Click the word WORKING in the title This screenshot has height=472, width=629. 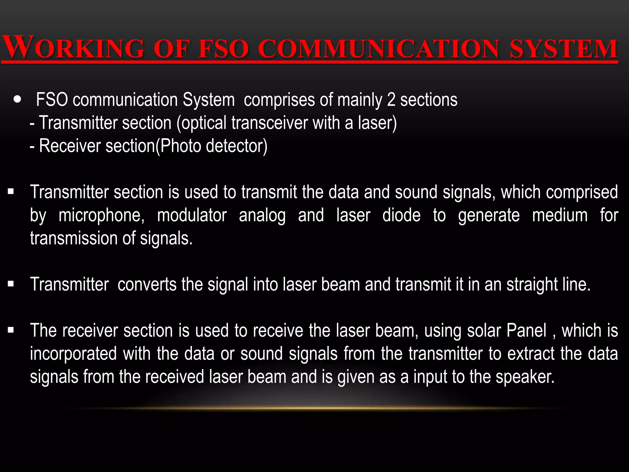pos(73,48)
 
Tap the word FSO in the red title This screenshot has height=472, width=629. pos(223,49)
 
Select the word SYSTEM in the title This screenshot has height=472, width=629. pos(564,49)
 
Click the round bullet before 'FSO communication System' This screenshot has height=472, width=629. pos(18,99)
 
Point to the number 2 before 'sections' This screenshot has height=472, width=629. pos(391,100)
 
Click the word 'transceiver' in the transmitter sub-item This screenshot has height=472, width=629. pos(269,123)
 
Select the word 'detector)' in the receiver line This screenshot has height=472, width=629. pos(237,146)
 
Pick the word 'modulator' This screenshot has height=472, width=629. pos(192,215)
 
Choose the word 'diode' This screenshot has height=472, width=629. pos(401,215)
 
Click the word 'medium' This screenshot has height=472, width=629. pos(560,215)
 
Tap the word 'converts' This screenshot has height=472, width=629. pos(147,284)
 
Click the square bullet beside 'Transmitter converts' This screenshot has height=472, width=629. pos(11,284)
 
